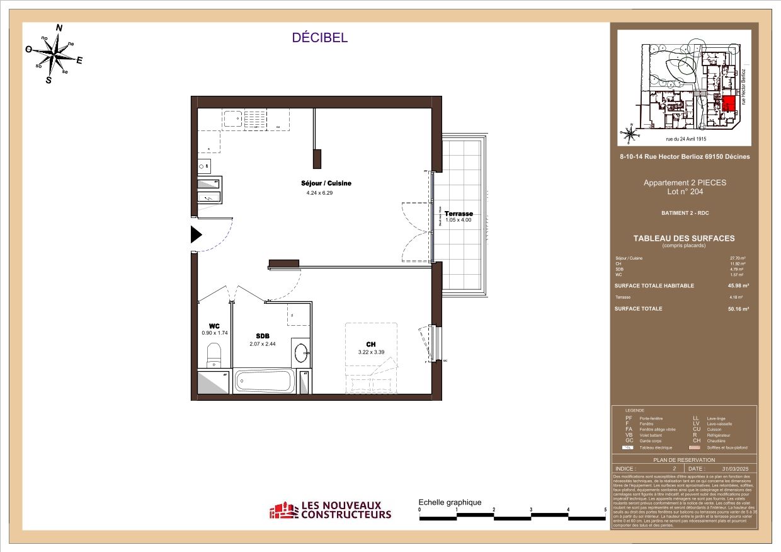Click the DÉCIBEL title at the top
click(320, 38)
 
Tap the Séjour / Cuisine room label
click(326, 183)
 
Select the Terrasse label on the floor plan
click(459, 214)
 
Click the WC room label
click(205, 326)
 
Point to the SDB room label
click(263, 336)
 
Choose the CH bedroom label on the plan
click(371, 344)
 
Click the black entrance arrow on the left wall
click(196, 235)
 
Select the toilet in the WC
click(214, 354)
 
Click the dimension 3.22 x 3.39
click(371, 353)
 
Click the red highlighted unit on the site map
click(729, 105)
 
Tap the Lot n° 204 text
click(684, 192)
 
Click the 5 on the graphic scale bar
click(605, 510)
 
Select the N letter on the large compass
click(60, 28)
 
